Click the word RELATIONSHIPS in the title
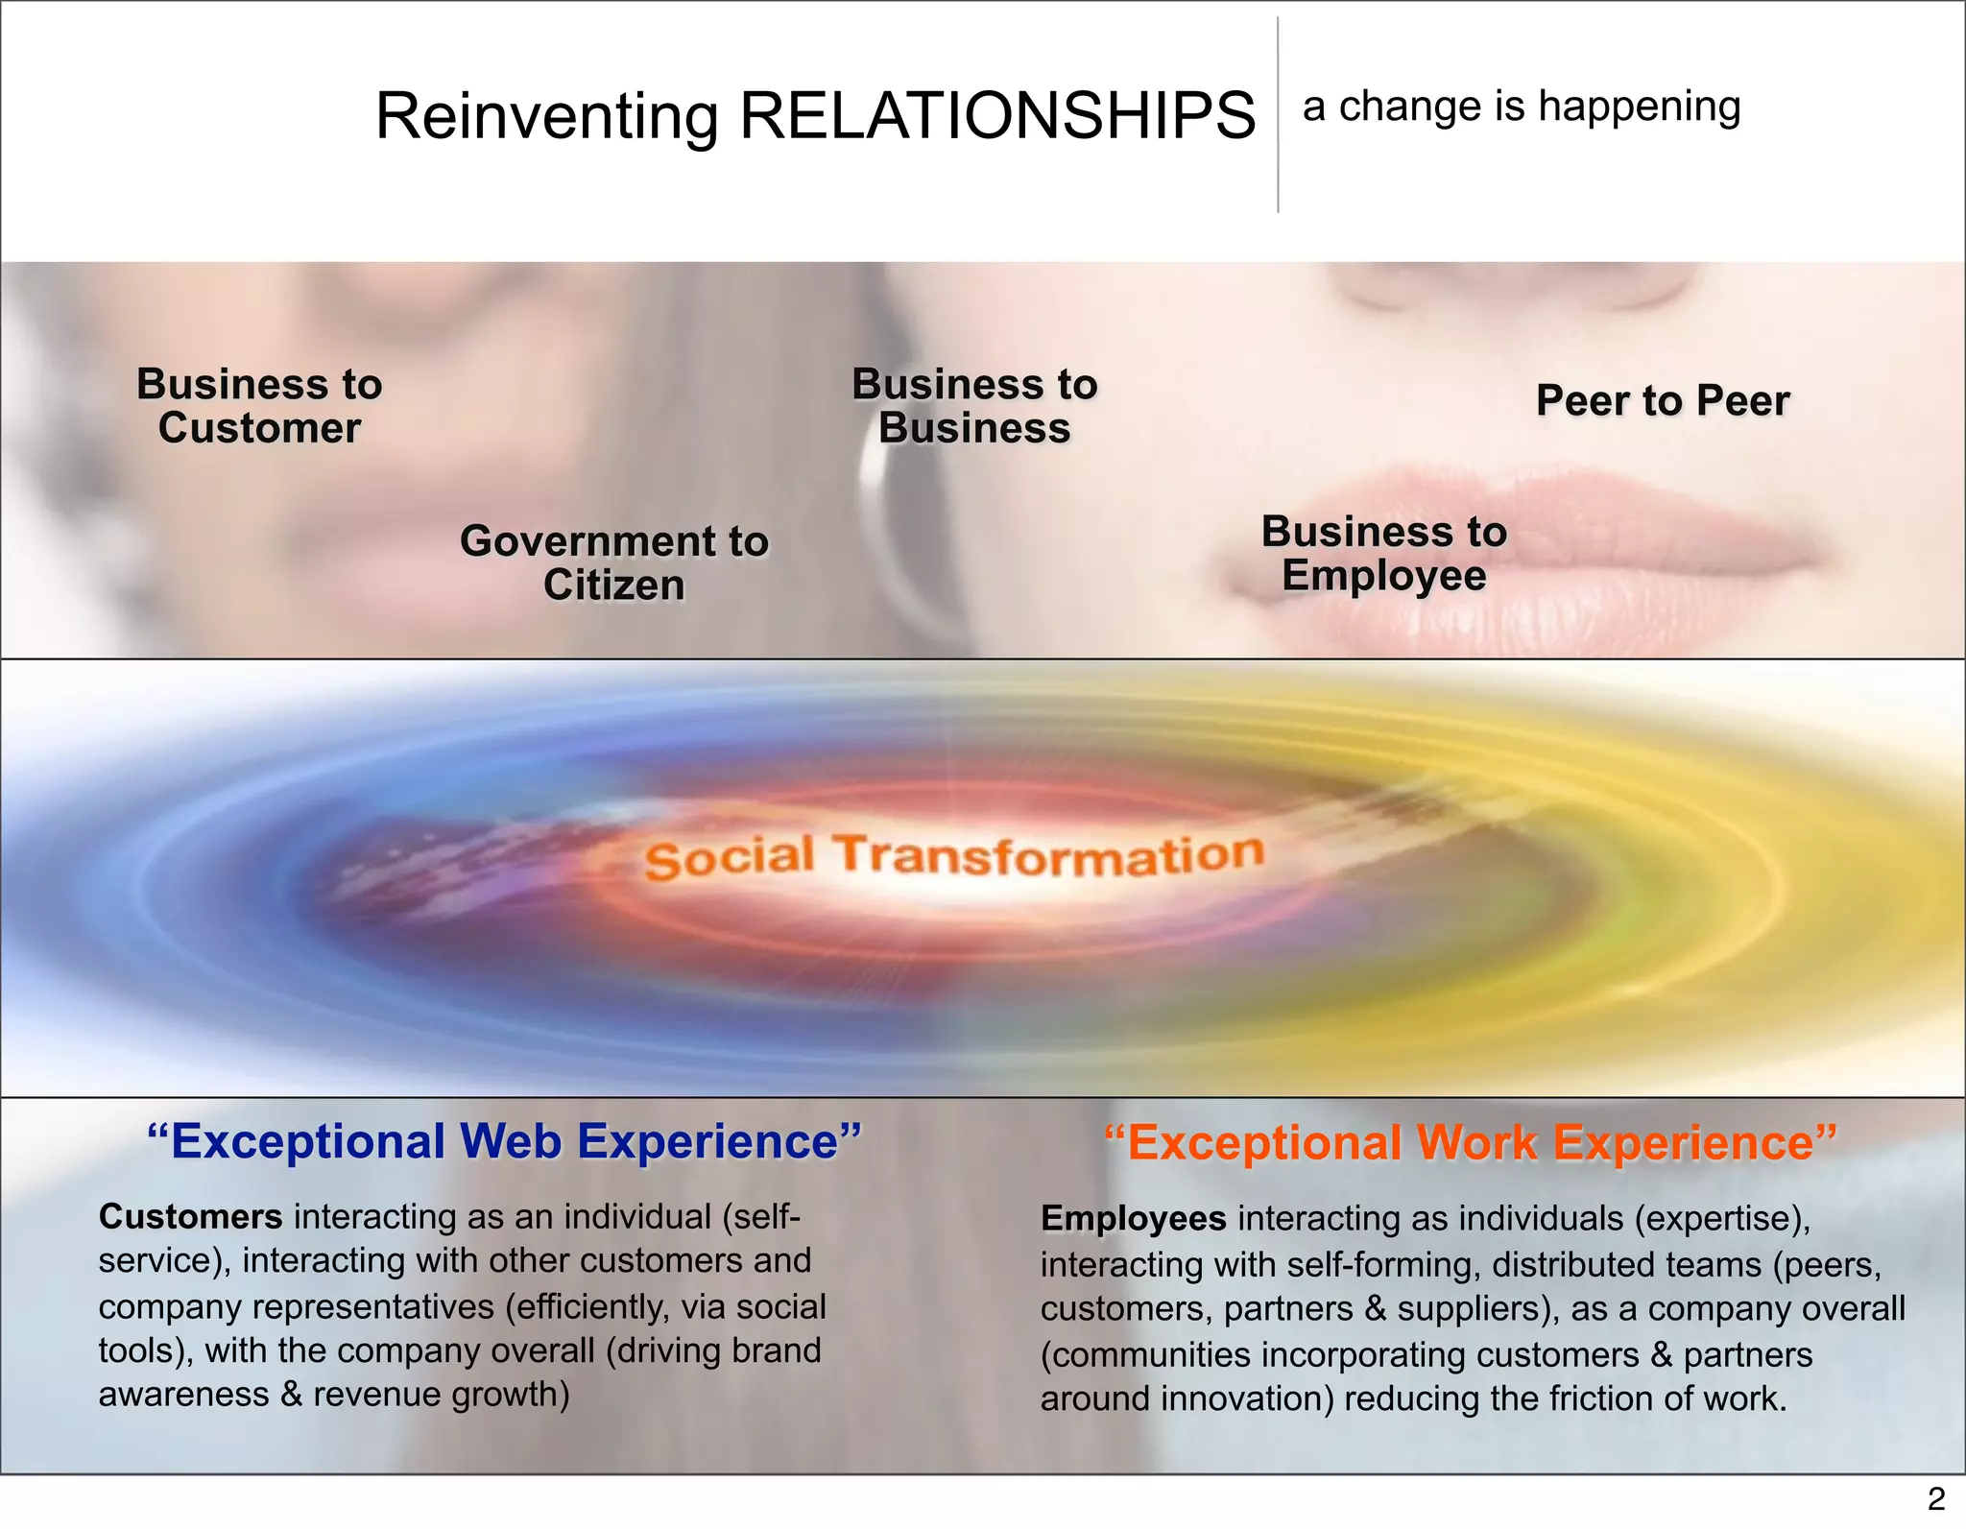[997, 116]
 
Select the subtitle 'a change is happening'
[1521, 107]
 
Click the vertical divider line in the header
[1278, 115]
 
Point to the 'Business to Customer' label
[259, 406]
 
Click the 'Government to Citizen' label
[614, 563]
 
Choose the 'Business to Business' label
[974, 406]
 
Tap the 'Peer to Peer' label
[1663, 400]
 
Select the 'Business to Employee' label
[1383, 554]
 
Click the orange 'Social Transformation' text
[954, 855]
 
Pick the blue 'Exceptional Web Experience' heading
[504, 1141]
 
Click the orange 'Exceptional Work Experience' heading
[1470, 1142]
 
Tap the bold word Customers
[190, 1217]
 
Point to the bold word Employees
[1133, 1219]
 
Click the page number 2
[1936, 1498]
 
